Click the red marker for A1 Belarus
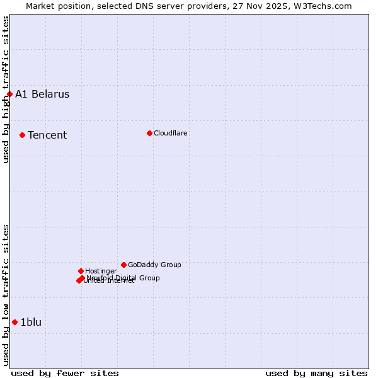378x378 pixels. pos(9,94)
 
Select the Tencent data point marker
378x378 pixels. pos(22,135)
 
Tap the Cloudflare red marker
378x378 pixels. pos(149,133)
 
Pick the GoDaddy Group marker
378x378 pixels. pos(123,265)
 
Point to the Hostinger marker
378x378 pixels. pos(81,271)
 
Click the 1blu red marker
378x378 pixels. pos(14,323)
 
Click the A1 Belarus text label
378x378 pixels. pos(42,94)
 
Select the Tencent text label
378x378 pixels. pos(47,135)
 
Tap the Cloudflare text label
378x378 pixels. pos(170,133)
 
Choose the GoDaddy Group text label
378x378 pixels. pos(154,265)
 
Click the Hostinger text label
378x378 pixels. pos(101,271)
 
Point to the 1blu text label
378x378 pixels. pos(31,323)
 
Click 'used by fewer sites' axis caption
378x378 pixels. pos(65,373)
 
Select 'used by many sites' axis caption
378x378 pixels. pos(316,373)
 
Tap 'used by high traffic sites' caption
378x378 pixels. pos(6,89)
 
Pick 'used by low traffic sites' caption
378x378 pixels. pos(6,294)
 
